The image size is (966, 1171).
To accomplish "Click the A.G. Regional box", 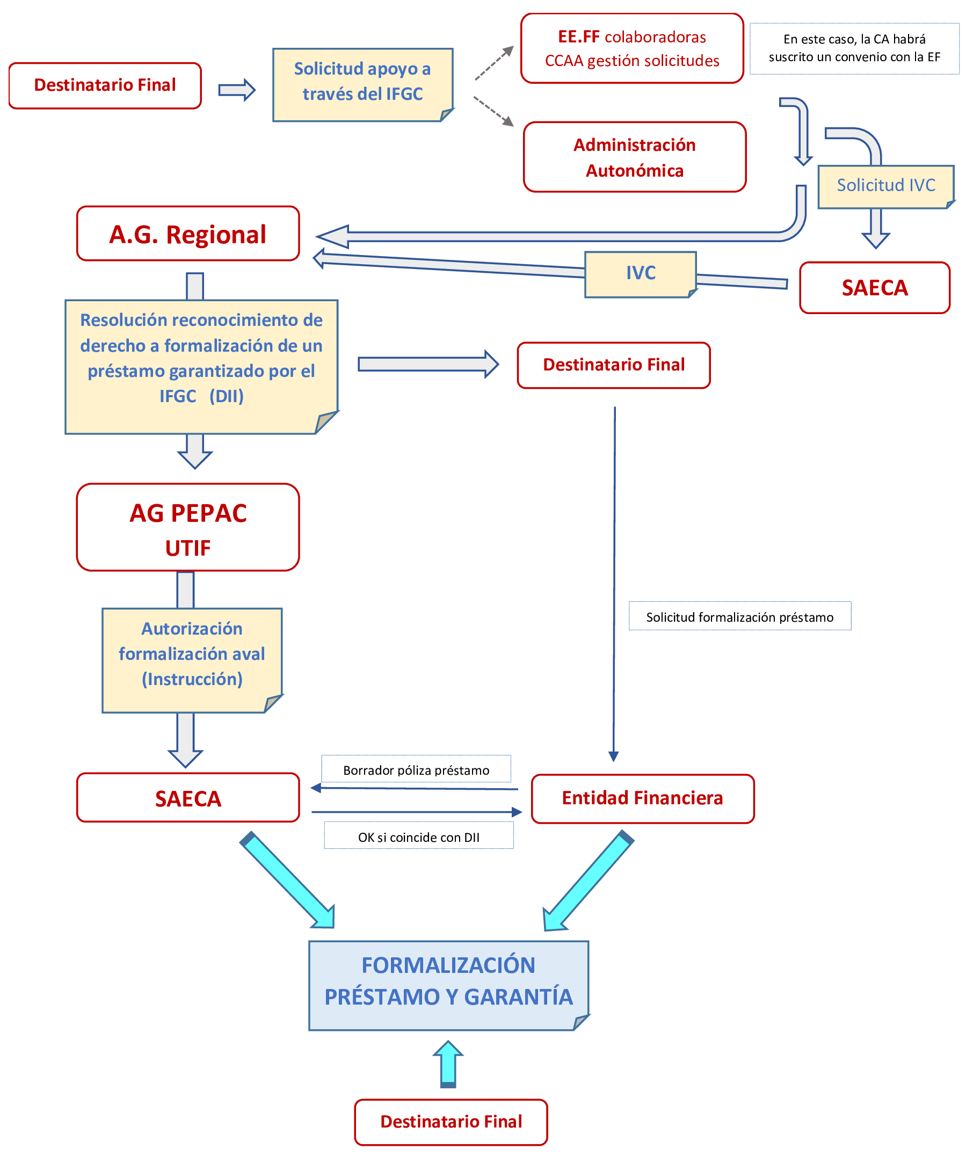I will tap(188, 234).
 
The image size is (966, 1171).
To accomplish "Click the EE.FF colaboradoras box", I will tap(632, 48).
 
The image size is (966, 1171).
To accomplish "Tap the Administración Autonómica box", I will tap(634, 157).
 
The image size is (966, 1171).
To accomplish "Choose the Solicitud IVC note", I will tap(886, 186).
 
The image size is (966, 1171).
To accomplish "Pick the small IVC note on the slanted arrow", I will tap(641, 273).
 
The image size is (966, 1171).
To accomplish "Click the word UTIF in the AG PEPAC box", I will tap(188, 549).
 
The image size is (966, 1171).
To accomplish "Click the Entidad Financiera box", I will tap(643, 798).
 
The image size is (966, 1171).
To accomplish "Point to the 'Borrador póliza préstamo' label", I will tap(416, 770).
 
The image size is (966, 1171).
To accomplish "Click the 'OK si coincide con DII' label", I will tap(418, 837).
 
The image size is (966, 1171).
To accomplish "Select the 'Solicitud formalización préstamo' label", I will tap(739, 616).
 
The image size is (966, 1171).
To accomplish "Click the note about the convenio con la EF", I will tap(854, 48).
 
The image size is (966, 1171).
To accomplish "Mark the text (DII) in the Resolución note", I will tap(227, 396).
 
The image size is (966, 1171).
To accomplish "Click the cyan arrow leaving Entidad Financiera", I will tap(587, 882).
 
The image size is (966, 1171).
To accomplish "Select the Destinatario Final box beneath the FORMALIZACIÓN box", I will tap(451, 1122).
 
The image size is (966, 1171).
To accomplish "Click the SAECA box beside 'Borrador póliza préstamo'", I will tap(188, 798).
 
